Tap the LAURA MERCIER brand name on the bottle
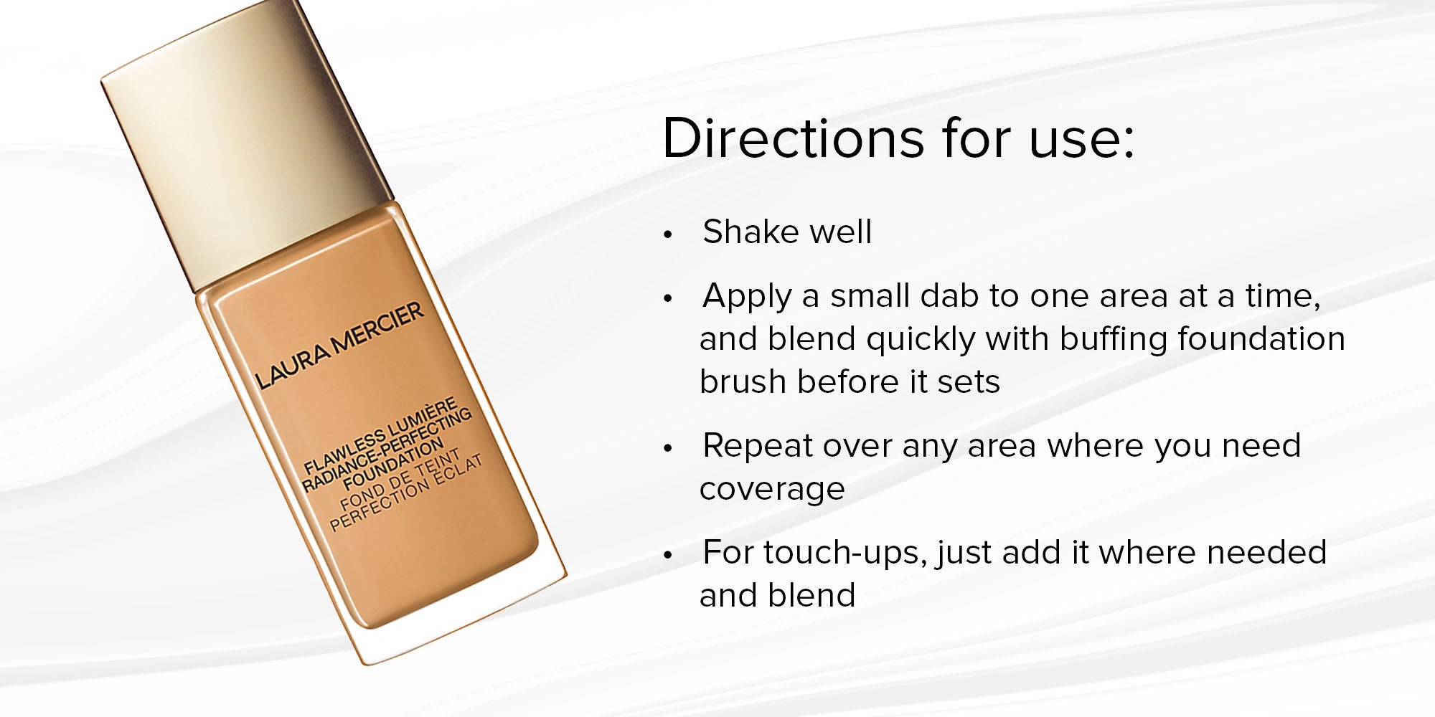[x=340, y=346]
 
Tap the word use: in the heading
[x=1081, y=138]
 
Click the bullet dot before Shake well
[x=668, y=234]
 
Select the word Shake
[x=750, y=232]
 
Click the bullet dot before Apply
[x=668, y=298]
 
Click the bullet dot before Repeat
[x=668, y=448]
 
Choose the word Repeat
[x=758, y=447]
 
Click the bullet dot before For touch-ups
[x=668, y=555]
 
